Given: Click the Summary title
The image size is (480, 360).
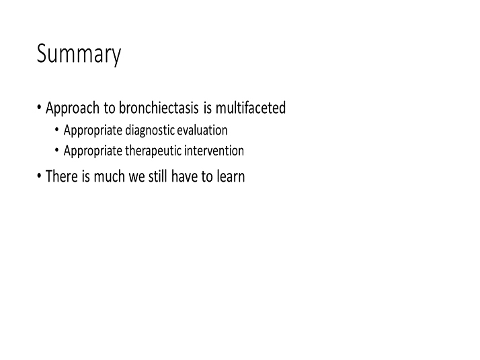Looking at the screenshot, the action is click(x=79, y=55).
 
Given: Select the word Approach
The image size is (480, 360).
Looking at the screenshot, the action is click(x=73, y=108).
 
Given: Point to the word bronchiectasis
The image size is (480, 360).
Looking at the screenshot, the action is click(x=159, y=108).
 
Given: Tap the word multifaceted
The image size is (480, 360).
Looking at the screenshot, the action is click(x=251, y=108).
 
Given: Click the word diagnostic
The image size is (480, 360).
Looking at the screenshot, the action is click(x=150, y=131).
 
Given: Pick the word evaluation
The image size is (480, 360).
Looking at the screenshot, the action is click(x=202, y=131).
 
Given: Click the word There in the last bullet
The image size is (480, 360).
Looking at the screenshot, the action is click(x=62, y=176).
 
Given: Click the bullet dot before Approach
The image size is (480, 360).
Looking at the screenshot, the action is click(x=39, y=108).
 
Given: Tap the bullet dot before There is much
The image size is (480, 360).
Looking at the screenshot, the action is click(x=39, y=176).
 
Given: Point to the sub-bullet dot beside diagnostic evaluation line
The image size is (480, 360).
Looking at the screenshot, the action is click(x=56, y=130).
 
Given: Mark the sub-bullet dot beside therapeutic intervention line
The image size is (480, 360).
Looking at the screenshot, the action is click(x=56, y=151).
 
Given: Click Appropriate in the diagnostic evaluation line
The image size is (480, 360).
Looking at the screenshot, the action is click(x=93, y=131).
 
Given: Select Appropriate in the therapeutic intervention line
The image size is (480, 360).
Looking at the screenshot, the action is click(x=93, y=151).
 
